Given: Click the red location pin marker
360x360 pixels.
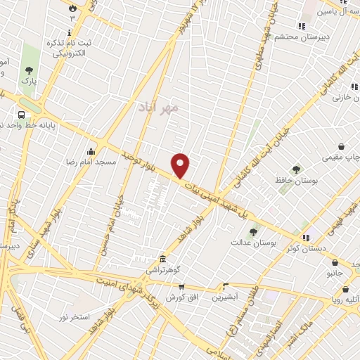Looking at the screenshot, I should [181, 165].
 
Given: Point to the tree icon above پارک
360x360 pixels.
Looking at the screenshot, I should [29, 70].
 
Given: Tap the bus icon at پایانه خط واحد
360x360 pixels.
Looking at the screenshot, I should [22, 114].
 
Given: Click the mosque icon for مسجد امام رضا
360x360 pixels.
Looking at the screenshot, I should [91, 151].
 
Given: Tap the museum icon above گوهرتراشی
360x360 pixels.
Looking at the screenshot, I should [163, 259].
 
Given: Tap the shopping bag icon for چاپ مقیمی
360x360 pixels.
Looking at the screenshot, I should [342, 146].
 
